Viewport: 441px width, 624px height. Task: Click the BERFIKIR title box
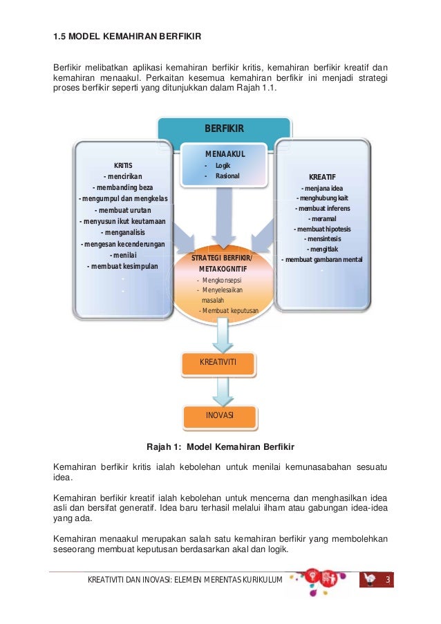pyautogui.click(x=225, y=129)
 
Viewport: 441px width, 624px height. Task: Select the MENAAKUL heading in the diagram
pyautogui.click(x=225, y=154)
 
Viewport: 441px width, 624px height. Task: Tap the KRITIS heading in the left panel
pyautogui.click(x=123, y=166)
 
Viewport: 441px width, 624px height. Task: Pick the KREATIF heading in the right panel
pyautogui.click(x=322, y=177)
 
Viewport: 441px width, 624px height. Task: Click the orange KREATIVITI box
pyautogui.click(x=218, y=363)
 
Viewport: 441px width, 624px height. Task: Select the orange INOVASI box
pyautogui.click(x=220, y=416)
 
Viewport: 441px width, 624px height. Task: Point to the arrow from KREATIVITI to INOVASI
pyautogui.click(x=223, y=391)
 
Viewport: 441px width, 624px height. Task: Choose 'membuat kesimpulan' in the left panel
pyautogui.click(x=122, y=266)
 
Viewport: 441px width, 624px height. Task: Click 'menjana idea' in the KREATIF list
pyautogui.click(x=322, y=188)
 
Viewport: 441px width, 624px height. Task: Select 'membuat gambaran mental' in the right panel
pyautogui.click(x=322, y=259)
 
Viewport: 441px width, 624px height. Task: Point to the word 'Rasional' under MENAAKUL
pyautogui.click(x=227, y=176)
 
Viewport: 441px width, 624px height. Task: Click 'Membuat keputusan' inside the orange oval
pyautogui.click(x=229, y=311)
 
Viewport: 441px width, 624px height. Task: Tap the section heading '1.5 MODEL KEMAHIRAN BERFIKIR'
pyautogui.click(x=127, y=36)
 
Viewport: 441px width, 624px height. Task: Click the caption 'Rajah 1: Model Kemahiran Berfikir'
pyautogui.click(x=220, y=447)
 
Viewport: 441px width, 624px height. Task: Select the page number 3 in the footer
pyautogui.click(x=388, y=579)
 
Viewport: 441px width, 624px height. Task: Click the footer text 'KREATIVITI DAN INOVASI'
pyautogui.click(x=130, y=579)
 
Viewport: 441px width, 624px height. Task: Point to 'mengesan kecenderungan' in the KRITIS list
pyautogui.click(x=122, y=244)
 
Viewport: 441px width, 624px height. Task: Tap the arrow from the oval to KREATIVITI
pyautogui.click(x=223, y=335)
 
